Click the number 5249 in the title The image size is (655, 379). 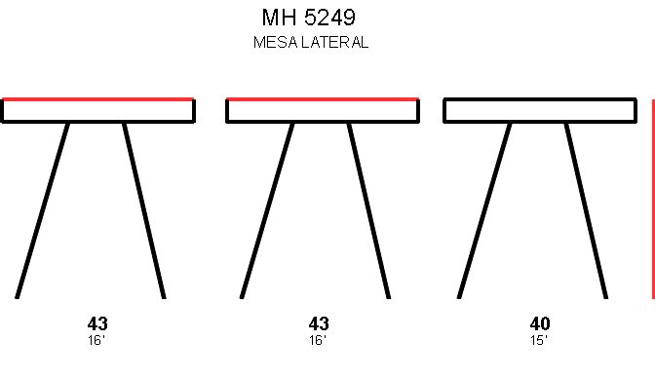329,18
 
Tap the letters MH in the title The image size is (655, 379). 280,18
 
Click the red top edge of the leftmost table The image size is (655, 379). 98,99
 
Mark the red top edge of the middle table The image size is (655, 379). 323,99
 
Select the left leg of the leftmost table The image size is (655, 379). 43,210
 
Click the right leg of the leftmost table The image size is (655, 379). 144,210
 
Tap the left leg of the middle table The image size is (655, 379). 267,210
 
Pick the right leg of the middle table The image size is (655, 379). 368,210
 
